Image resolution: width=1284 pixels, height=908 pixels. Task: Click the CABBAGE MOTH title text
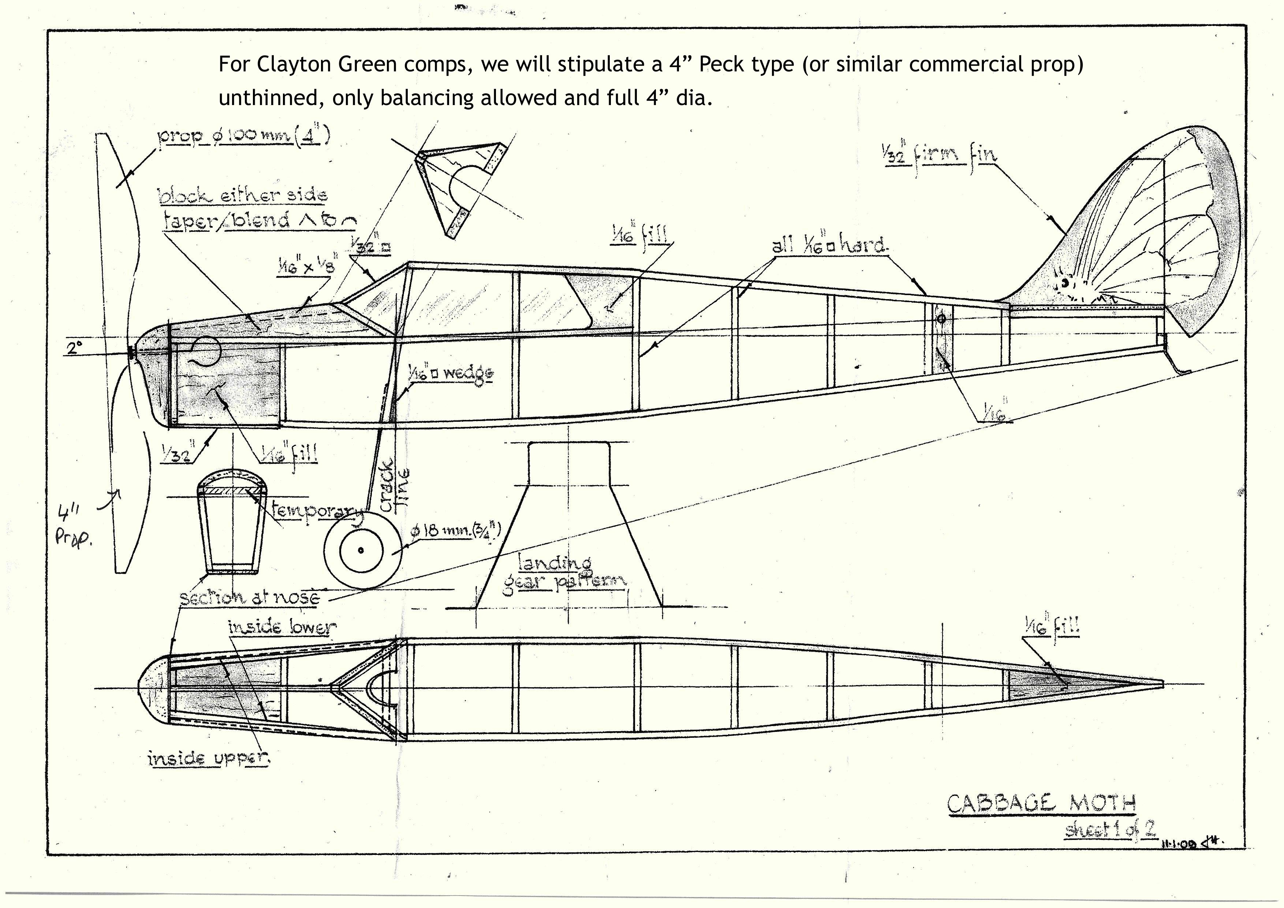coord(1042,804)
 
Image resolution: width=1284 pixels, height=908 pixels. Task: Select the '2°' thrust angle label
coord(74,348)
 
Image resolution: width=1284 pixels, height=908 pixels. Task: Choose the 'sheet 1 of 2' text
coord(1110,829)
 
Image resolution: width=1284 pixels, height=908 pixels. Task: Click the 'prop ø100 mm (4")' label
coord(243,137)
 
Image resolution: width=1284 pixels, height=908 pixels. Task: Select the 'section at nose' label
coord(249,598)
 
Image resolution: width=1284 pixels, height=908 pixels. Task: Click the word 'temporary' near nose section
coord(316,511)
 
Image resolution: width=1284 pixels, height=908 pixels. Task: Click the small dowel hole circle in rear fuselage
coord(941,319)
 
